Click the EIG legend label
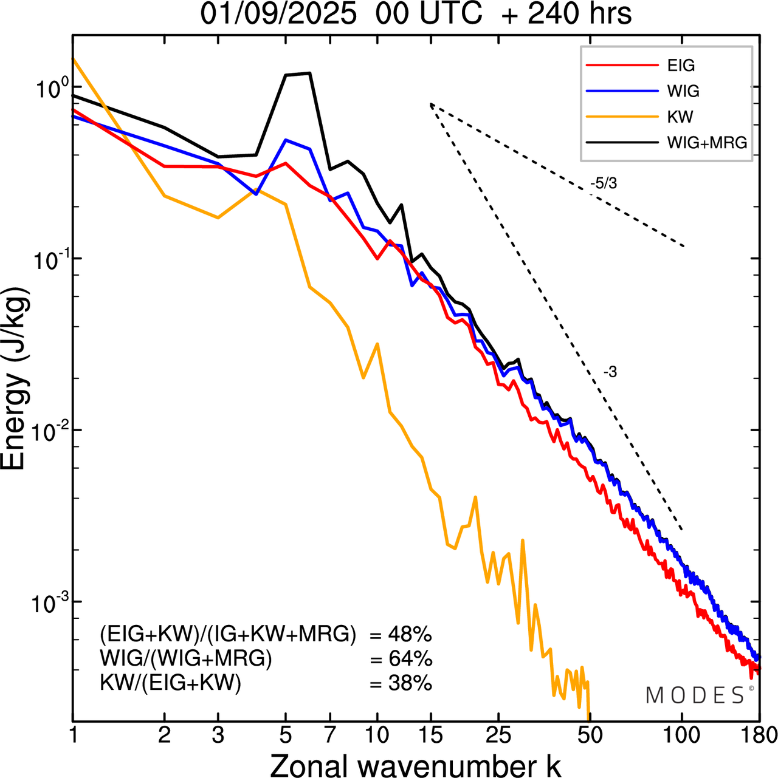(x=681, y=66)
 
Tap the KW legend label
(x=680, y=117)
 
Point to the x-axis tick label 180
(x=759, y=735)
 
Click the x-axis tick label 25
(x=498, y=735)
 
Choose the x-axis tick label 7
(x=330, y=735)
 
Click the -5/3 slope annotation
(x=603, y=183)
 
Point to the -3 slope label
(x=610, y=372)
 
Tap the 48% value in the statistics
(x=410, y=635)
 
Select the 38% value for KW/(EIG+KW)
(x=410, y=683)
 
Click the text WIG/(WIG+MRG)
(x=186, y=659)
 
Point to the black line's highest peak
(x=310, y=73)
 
